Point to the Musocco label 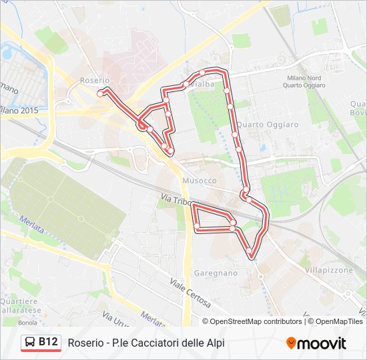pos(199,181)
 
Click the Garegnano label pos(215,273)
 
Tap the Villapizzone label pos(328,271)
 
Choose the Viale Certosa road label pos(190,293)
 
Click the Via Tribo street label pos(177,199)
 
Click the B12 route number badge pos(48,342)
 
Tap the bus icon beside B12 pos(31,343)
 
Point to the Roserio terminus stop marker pos(100,94)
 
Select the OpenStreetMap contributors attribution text pos(256,321)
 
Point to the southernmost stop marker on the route pos(250,251)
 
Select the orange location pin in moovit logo pos(292,343)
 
